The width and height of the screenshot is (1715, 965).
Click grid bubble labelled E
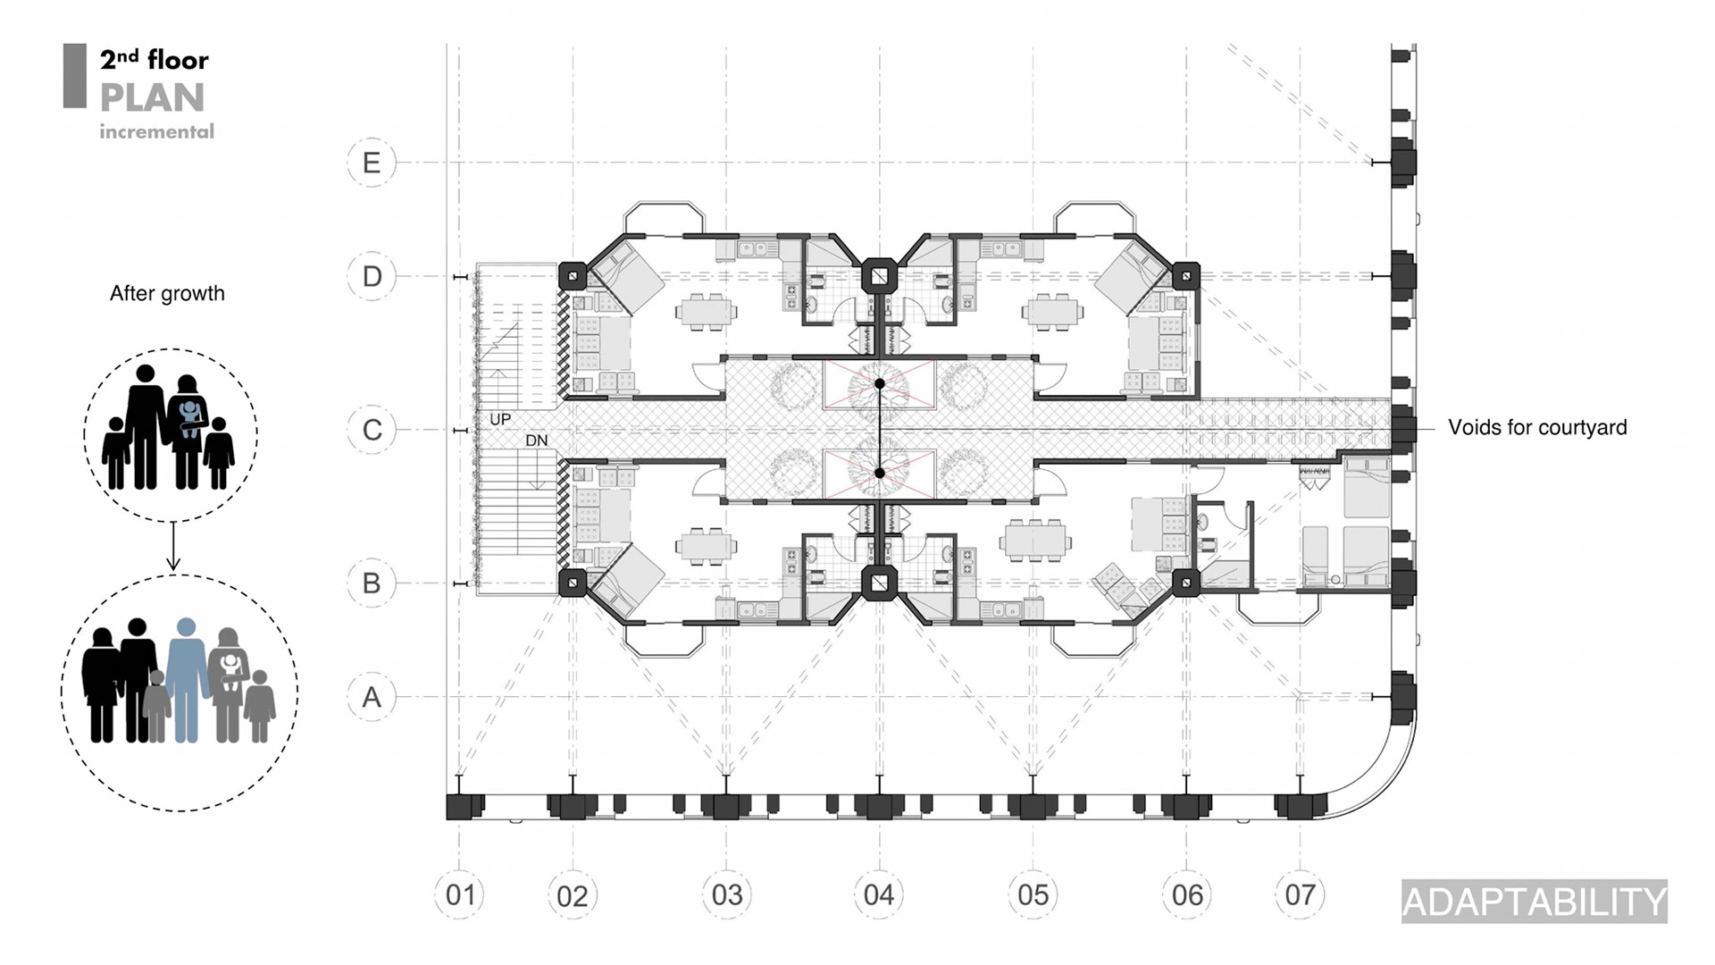[372, 163]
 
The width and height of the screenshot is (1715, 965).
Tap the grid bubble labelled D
[372, 276]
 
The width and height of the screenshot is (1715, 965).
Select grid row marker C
[372, 430]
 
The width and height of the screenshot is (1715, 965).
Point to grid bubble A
[372, 697]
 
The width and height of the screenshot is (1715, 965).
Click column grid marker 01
[460, 894]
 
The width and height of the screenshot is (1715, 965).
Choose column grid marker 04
[879, 894]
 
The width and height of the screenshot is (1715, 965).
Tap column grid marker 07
[1300, 894]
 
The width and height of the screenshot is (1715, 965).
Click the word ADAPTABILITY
[1534, 902]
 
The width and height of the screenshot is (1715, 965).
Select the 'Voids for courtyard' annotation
[1537, 427]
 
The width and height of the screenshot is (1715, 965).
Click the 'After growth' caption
[167, 293]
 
